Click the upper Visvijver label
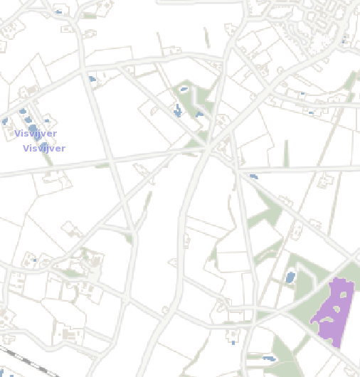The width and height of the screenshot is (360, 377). tap(36, 134)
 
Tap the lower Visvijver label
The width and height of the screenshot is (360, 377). tap(44, 149)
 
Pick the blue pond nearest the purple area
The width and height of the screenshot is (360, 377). tap(290, 277)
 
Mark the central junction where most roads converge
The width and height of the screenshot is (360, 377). tap(208, 148)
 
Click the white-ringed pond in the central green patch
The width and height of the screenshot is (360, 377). tap(184, 90)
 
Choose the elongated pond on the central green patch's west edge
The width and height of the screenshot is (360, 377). tap(177, 110)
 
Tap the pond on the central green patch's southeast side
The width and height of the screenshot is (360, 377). tap(199, 113)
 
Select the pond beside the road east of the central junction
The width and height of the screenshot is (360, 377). tap(253, 176)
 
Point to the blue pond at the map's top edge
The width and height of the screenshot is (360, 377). tap(58, 12)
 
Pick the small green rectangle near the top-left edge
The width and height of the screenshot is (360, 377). tap(90, 15)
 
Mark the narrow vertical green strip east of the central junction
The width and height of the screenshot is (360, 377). tap(286, 153)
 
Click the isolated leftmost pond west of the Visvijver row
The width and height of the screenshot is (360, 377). tap(4, 122)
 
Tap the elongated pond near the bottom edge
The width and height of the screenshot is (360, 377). tap(268, 358)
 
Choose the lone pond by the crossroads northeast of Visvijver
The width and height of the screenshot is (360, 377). tap(92, 78)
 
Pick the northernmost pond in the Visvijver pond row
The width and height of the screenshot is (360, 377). tap(23, 111)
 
